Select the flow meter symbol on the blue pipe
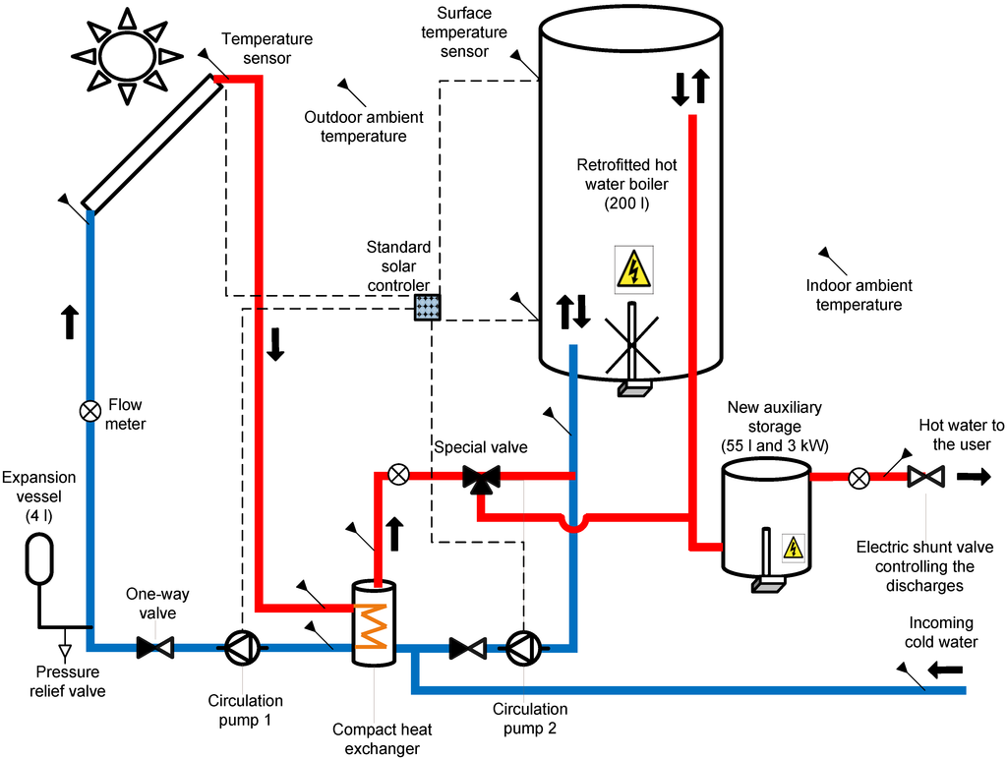point(89,410)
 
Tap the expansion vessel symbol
point(41,559)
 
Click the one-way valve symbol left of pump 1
point(154,647)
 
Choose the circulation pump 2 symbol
point(522,647)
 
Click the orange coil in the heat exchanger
point(373,626)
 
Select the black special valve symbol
point(481,479)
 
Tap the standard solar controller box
point(427,307)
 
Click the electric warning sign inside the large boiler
point(633,268)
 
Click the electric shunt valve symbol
point(925,478)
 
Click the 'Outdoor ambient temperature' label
point(363,127)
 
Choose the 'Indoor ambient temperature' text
point(858,295)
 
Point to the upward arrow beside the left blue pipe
point(70,321)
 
